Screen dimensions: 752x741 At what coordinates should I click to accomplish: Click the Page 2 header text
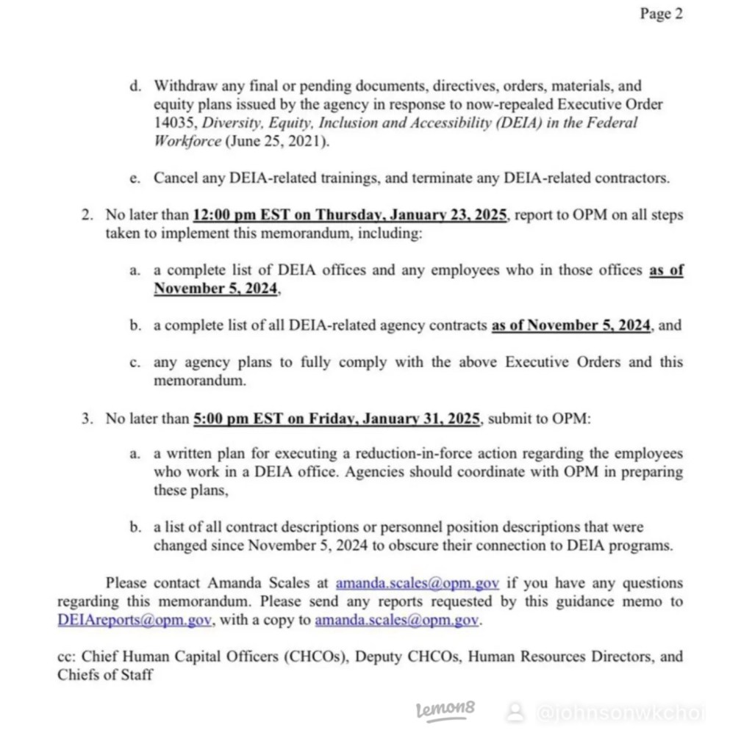[661, 14]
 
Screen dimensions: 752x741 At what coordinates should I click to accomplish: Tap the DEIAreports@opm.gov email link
[135, 621]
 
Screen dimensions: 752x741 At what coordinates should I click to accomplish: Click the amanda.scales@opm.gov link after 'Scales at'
[418, 584]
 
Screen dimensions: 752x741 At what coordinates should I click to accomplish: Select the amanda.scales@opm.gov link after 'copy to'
[397, 621]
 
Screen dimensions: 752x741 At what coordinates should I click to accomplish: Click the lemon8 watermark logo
[445, 709]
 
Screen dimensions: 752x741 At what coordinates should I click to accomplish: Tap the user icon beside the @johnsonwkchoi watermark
[516, 711]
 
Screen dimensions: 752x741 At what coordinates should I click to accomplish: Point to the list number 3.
[87, 419]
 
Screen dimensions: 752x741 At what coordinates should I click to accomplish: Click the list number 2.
[87, 215]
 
